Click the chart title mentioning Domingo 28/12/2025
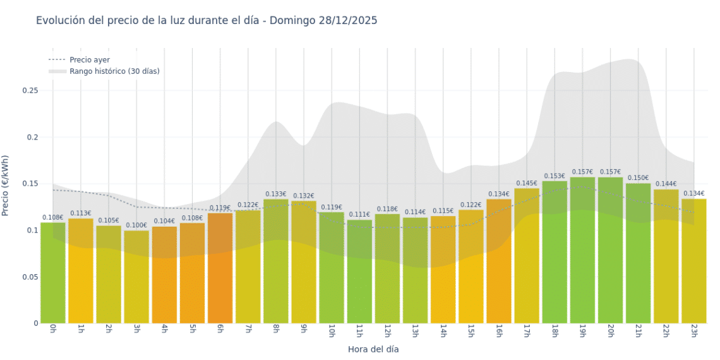[207, 20]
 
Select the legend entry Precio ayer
[89, 59]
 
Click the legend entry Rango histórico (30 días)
[114, 71]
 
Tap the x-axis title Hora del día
[373, 349]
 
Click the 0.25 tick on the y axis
[30, 90]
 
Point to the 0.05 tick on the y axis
[30, 277]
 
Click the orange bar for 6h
[220, 268]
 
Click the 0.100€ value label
[136, 225]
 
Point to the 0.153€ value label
[555, 176]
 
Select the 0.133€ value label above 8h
[275, 194]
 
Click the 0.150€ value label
[638, 178]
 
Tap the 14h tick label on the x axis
[443, 330]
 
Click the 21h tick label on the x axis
[638, 330]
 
